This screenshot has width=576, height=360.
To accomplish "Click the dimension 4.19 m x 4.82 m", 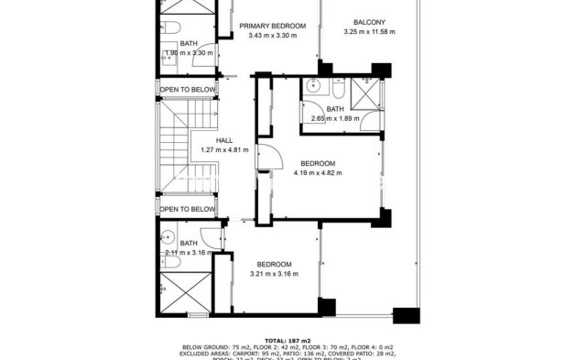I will (318, 172).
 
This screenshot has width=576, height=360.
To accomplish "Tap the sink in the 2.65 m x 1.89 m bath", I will (313, 89).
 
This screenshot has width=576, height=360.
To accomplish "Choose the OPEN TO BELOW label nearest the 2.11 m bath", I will (187, 210).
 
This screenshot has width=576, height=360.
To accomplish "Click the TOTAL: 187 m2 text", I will (288, 340).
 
